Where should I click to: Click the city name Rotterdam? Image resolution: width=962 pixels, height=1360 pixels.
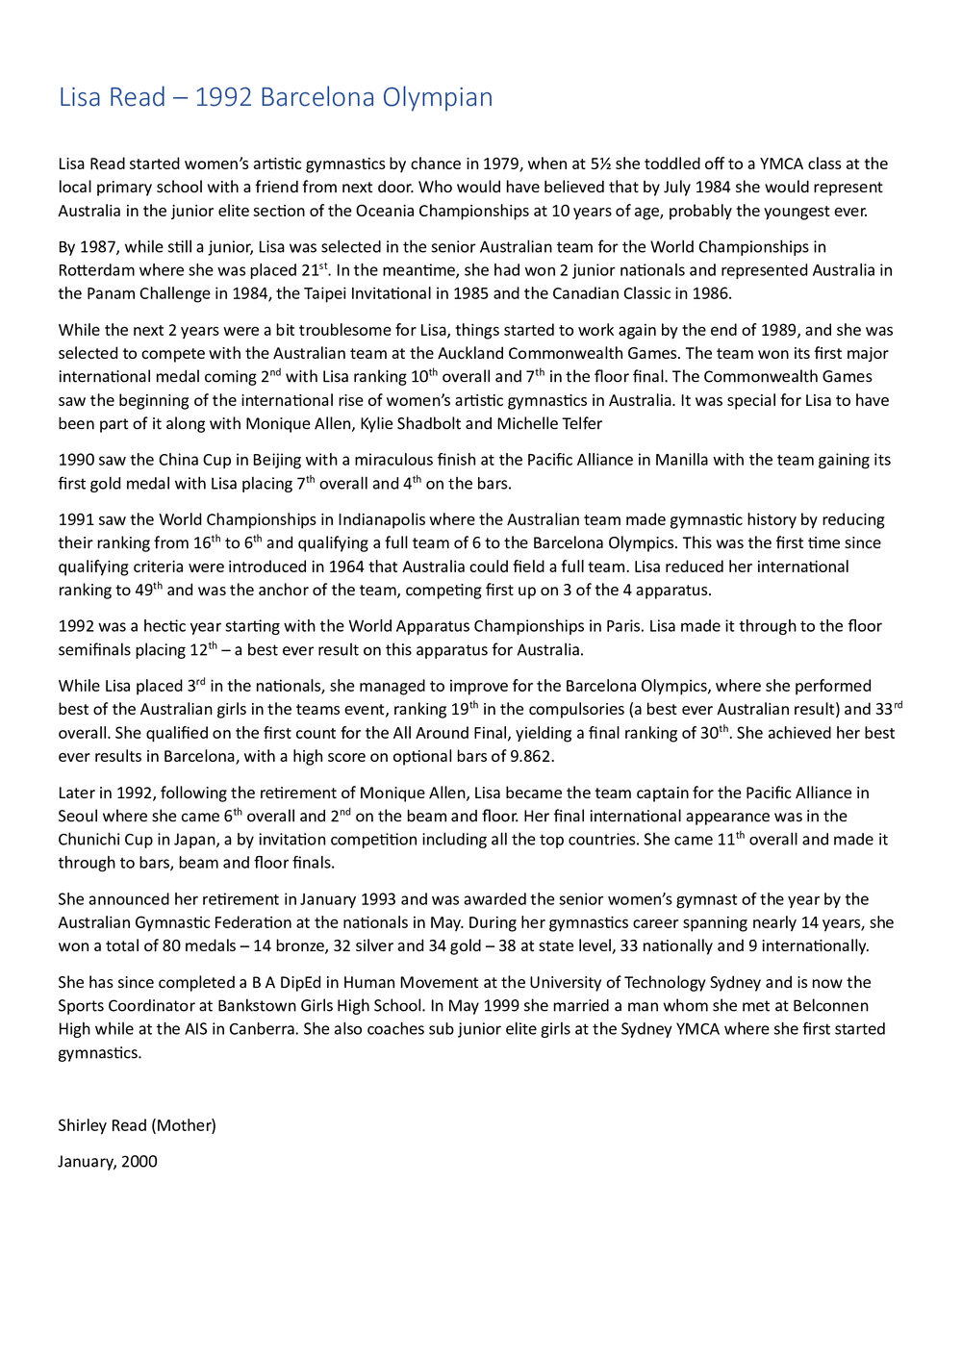tap(95, 270)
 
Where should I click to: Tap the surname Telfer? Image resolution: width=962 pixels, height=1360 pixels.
tap(578, 423)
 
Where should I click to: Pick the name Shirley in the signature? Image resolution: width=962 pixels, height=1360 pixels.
tap(85, 1125)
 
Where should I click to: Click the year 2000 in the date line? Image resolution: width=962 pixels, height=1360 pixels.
tap(139, 1161)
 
